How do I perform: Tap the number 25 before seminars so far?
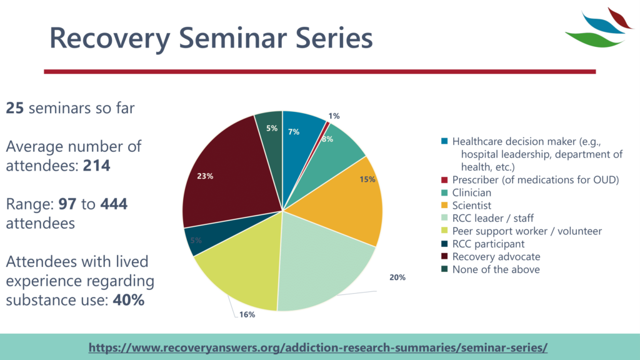pos(15,107)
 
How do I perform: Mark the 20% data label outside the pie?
pos(397,277)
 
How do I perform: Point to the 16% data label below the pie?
pos(247,314)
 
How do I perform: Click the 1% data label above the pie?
pos(334,116)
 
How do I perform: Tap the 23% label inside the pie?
pos(205,176)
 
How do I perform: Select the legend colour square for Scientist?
pos(444,206)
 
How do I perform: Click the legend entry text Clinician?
pos(472,192)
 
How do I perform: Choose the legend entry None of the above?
pos(496,269)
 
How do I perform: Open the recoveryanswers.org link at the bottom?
pos(318,347)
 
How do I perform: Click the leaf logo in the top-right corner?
pos(597,27)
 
